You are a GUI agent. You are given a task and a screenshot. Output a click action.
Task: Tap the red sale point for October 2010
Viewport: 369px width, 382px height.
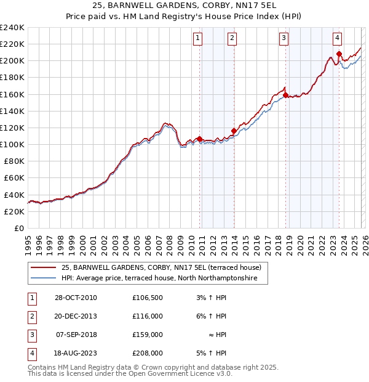200,139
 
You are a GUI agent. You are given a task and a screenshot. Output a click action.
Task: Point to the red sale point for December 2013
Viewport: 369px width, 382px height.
234,131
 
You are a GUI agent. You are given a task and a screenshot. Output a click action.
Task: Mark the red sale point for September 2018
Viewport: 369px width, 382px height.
286,95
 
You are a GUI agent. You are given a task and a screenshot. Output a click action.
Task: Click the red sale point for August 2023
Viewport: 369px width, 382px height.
339,54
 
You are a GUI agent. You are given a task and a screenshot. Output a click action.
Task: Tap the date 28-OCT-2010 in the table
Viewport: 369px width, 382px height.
76,298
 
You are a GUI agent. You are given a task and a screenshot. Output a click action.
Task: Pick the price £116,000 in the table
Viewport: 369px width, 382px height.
147,316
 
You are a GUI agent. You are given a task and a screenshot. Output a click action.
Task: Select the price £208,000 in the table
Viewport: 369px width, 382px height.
147,353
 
